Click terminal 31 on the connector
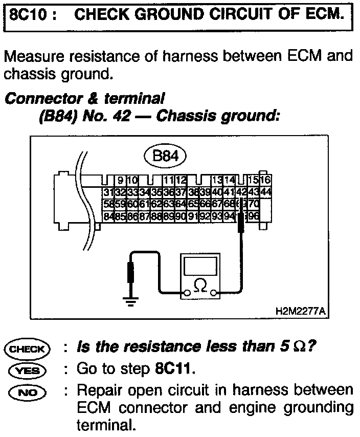point(107,192)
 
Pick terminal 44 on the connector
point(265,192)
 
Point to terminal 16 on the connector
point(265,181)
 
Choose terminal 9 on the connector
point(121,181)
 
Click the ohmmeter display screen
point(201,266)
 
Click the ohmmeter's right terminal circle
point(214,294)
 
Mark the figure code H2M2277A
point(300,311)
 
